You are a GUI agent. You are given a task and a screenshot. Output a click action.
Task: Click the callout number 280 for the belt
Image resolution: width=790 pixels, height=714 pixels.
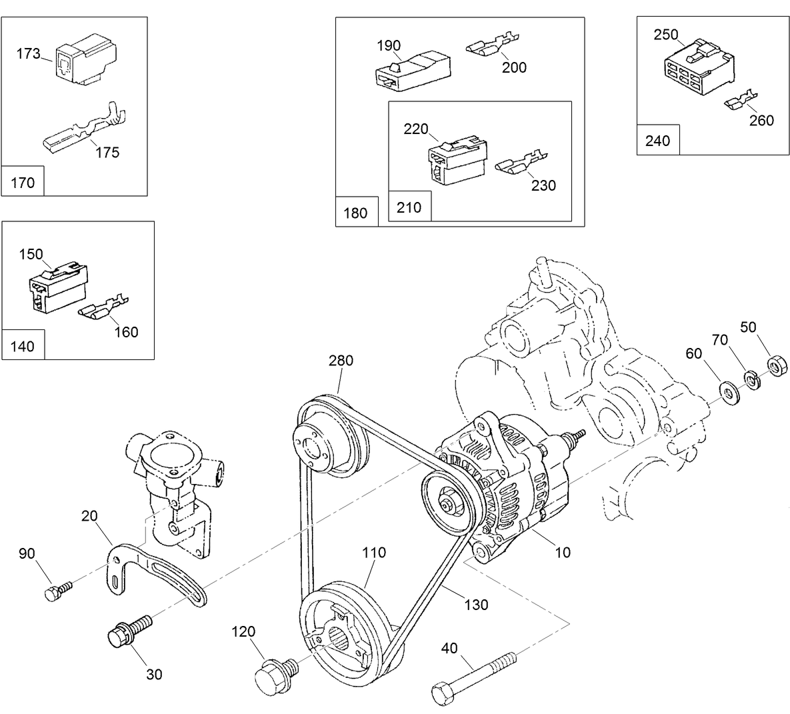341,361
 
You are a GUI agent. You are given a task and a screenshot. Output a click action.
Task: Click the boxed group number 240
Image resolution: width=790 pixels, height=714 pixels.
658,141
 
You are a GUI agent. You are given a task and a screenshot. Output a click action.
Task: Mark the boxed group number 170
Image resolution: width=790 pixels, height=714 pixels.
23,182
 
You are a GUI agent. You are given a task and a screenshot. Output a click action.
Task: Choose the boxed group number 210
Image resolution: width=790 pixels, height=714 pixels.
409,207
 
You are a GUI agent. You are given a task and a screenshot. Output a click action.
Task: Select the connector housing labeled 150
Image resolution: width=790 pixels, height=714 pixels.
57,288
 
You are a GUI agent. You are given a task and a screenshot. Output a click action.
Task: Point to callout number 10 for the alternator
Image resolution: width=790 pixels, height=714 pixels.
563,552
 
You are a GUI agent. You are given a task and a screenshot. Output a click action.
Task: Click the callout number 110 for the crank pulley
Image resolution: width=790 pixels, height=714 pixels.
374,553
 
